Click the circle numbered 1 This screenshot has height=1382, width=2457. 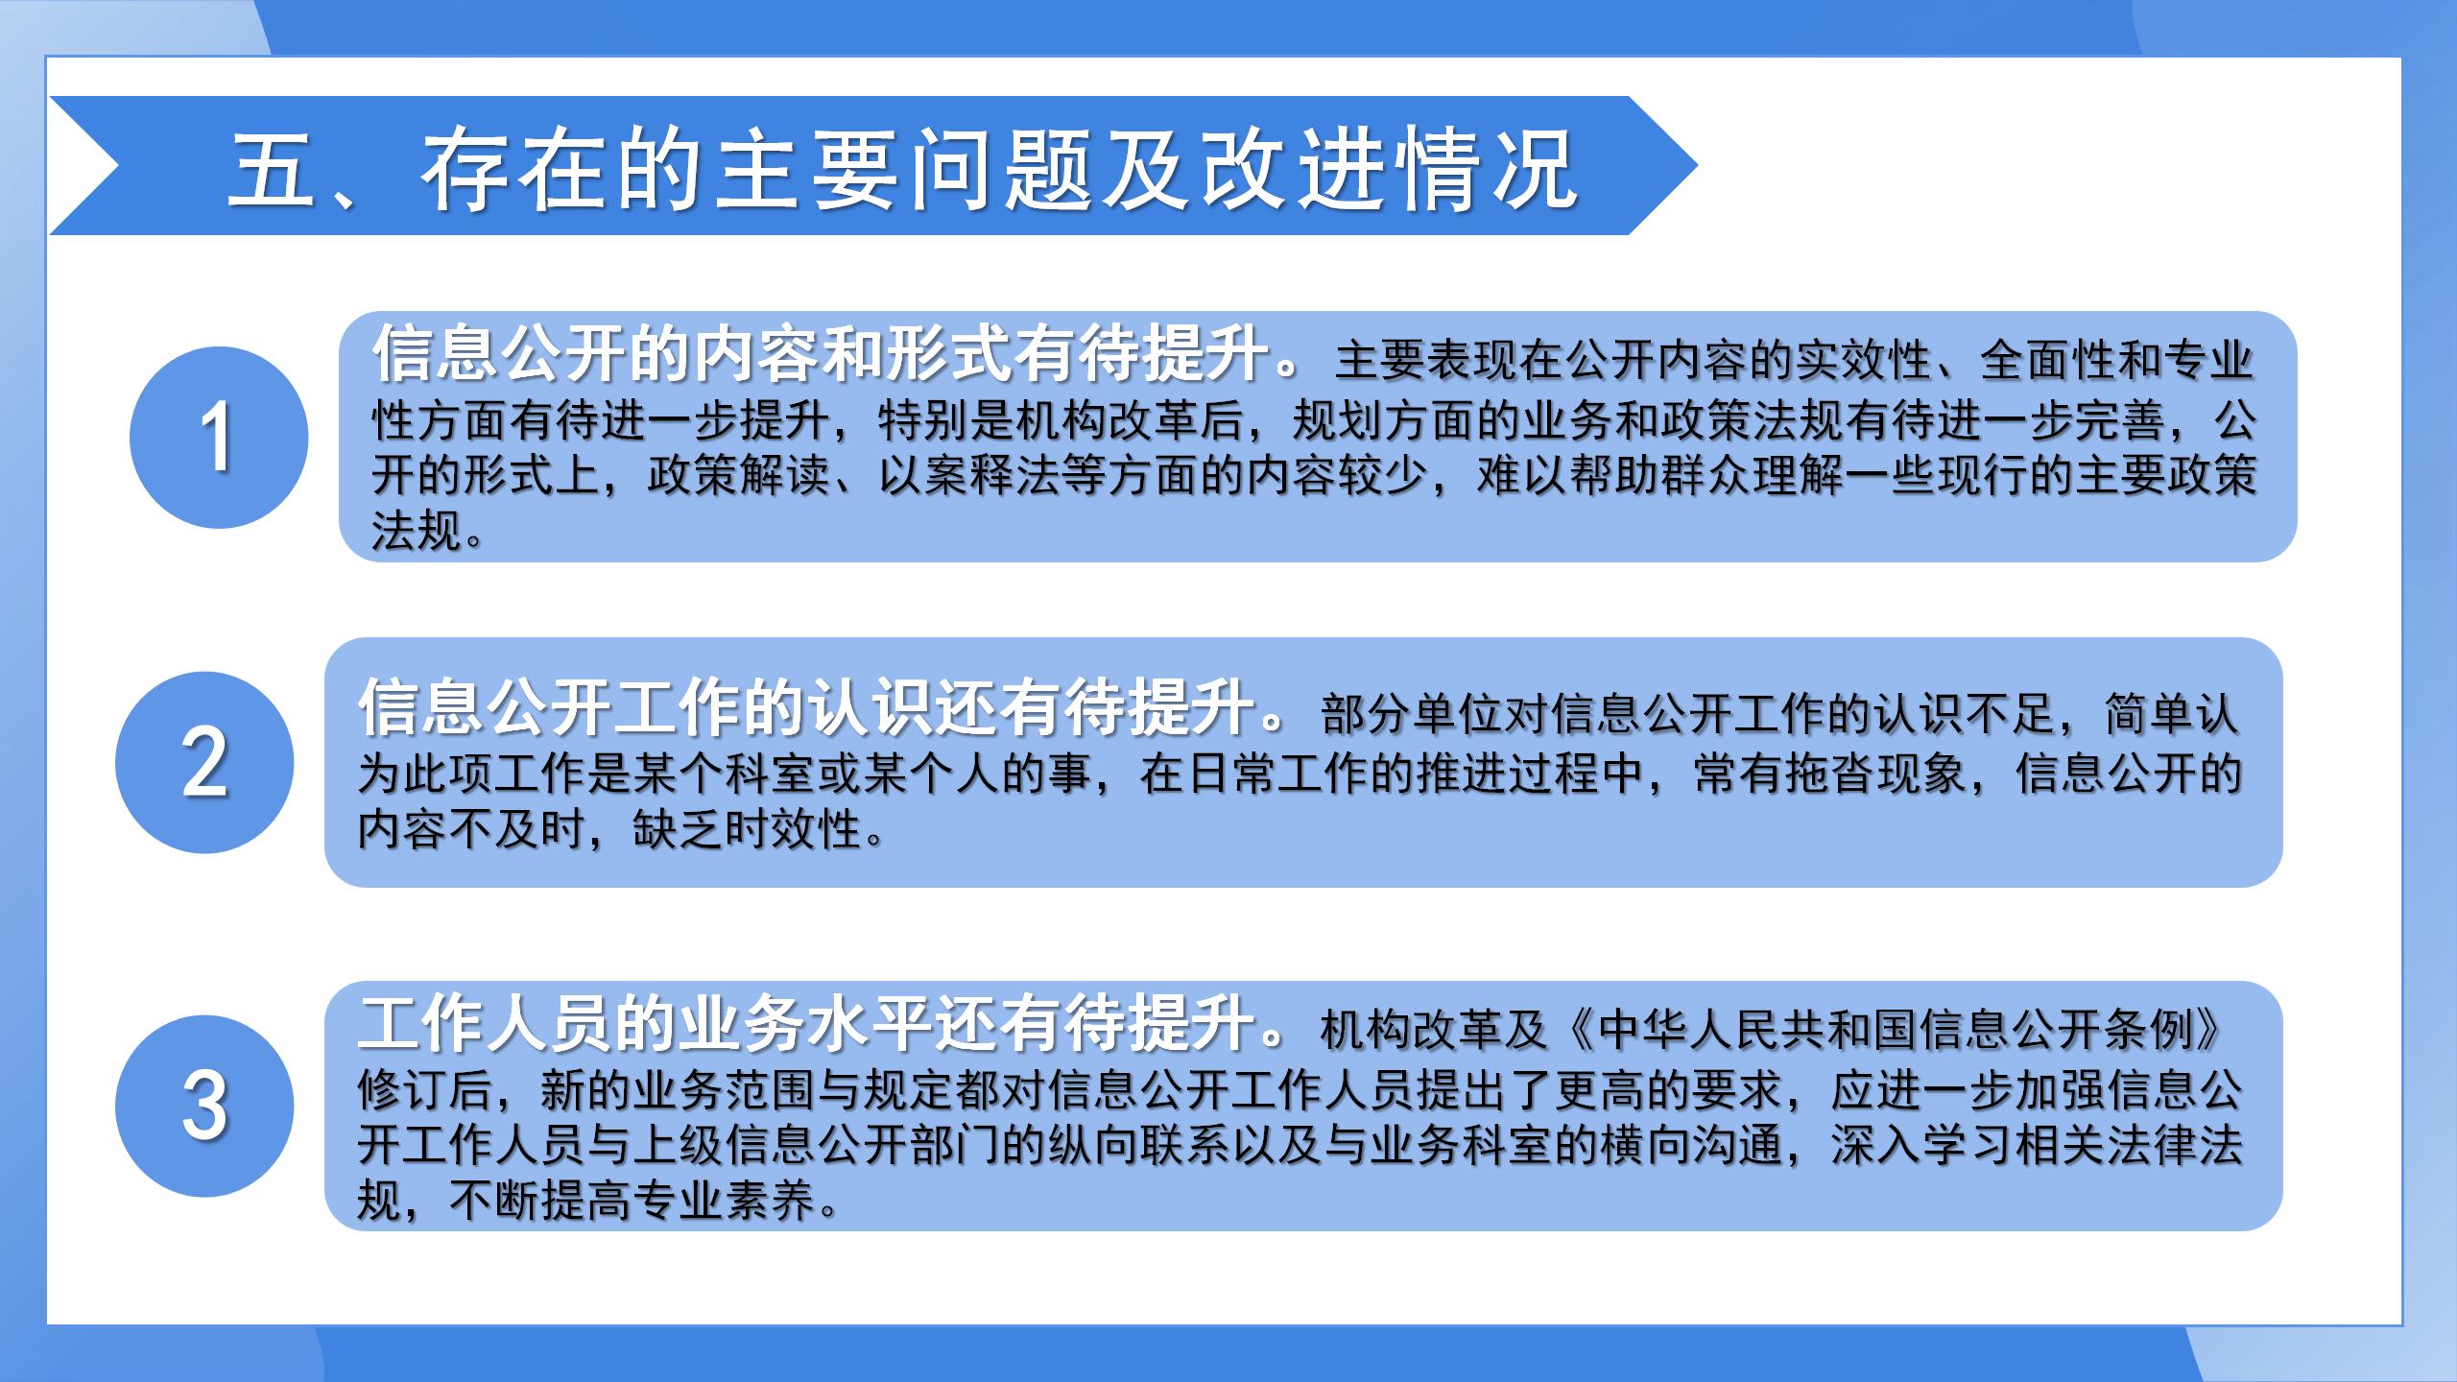coord(219,438)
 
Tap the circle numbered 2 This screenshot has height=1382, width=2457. coord(204,763)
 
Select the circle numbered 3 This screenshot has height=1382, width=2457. coord(204,1106)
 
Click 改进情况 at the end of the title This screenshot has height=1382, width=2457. coord(1388,169)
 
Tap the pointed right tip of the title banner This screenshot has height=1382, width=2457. coord(1697,166)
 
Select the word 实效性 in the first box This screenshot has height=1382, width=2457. coord(1865,362)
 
